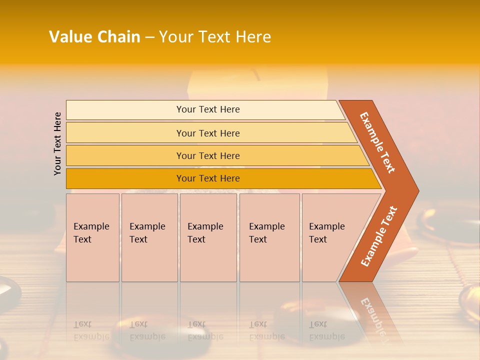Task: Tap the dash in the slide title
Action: click(x=149, y=37)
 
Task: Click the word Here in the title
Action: click(x=252, y=37)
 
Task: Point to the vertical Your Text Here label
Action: click(x=57, y=143)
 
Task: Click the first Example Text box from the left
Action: click(x=92, y=237)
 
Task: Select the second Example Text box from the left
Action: click(x=149, y=237)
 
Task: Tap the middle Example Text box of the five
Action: click(x=208, y=237)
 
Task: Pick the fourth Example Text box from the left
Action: click(x=269, y=237)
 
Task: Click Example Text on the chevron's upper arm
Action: click(x=377, y=142)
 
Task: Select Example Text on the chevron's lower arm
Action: click(x=379, y=236)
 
